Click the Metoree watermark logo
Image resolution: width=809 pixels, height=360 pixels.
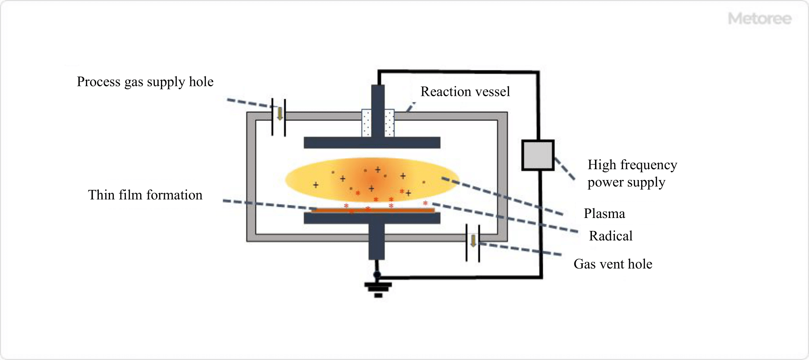click(x=759, y=19)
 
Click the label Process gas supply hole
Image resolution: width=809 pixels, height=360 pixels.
click(x=145, y=82)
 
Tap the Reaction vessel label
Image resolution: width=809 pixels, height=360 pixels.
click(x=465, y=92)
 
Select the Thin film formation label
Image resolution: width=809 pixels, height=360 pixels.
click(x=145, y=195)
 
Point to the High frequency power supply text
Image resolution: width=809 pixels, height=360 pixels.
click(x=632, y=174)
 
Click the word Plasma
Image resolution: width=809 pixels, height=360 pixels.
click(x=604, y=214)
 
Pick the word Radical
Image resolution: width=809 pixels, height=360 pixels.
click(x=611, y=236)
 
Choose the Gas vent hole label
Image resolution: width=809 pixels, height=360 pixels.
click(x=613, y=264)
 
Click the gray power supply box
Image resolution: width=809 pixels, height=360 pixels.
click(x=538, y=155)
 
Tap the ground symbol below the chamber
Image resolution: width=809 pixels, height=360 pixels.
click(x=378, y=289)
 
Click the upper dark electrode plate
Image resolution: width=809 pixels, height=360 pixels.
click(x=372, y=142)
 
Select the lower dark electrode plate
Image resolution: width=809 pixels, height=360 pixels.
click(x=372, y=218)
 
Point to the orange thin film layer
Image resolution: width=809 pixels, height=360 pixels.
click(x=373, y=211)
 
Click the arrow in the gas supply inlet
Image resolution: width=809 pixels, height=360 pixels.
click(x=280, y=114)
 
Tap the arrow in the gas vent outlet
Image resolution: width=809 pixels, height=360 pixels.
click(x=473, y=241)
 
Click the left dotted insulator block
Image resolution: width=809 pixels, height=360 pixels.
click(x=366, y=123)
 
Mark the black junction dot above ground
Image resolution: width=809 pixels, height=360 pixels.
click(x=377, y=275)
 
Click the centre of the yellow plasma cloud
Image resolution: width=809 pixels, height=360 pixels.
click(x=372, y=180)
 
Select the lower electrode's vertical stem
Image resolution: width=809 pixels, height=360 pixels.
click(x=377, y=242)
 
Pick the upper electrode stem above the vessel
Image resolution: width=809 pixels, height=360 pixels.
click(x=378, y=97)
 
